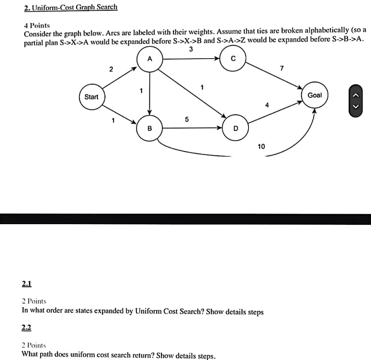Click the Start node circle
[91, 97]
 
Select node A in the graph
[150, 59]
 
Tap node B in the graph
[149, 128]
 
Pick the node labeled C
[233, 59]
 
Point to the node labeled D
[235, 128]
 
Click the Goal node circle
[314, 95]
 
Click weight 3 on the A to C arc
[191, 49]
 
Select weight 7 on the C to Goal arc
[282, 68]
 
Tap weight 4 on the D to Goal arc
[267, 105]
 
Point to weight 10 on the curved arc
[261, 146]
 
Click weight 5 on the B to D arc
[187, 119]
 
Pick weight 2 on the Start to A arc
[111, 69]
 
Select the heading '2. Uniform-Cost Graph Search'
[71, 7]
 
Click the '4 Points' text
[37, 26]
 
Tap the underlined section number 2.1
[27, 284]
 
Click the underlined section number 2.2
[27, 328]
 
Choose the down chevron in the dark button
[356, 106]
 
